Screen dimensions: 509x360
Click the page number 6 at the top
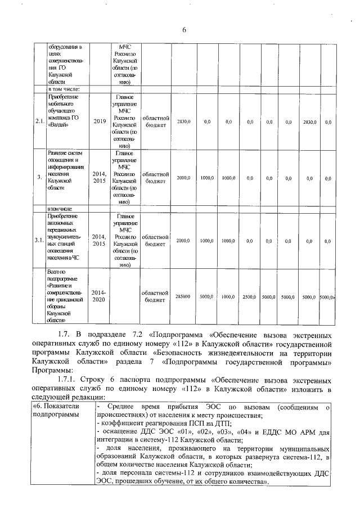(x=183, y=30)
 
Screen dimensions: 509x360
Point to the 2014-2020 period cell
(x=99, y=296)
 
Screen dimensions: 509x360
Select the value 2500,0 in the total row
(x=250, y=296)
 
